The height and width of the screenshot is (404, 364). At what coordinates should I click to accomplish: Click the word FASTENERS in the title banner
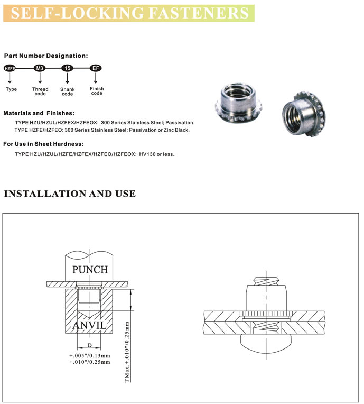(x=204, y=13)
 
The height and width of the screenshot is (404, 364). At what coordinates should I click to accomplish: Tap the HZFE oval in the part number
(x=10, y=69)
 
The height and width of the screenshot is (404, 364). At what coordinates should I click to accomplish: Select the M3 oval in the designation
(x=40, y=69)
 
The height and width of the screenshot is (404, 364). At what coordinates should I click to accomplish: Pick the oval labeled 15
(x=67, y=69)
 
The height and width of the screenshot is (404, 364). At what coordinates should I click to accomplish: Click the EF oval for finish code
(x=96, y=69)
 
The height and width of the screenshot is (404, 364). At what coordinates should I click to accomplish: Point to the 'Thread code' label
(x=40, y=91)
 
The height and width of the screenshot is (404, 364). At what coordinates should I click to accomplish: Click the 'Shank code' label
(x=67, y=92)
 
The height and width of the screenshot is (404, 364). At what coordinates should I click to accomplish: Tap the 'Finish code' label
(x=97, y=91)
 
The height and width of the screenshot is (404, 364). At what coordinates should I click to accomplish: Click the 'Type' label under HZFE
(x=11, y=89)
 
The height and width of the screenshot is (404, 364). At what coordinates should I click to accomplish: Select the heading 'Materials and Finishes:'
(x=39, y=113)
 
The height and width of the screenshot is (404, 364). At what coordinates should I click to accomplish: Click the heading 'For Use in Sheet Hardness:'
(x=43, y=144)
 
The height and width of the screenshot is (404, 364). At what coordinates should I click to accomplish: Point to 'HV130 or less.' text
(x=156, y=154)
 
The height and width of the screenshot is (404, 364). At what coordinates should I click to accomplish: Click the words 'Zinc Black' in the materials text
(x=176, y=130)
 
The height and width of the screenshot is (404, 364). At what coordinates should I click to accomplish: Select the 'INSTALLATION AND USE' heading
(x=69, y=194)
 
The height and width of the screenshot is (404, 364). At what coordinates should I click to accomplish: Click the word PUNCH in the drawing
(x=90, y=270)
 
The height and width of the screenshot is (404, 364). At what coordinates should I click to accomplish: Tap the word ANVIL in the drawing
(x=90, y=324)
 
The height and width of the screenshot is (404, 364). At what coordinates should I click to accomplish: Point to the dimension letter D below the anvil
(x=90, y=345)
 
